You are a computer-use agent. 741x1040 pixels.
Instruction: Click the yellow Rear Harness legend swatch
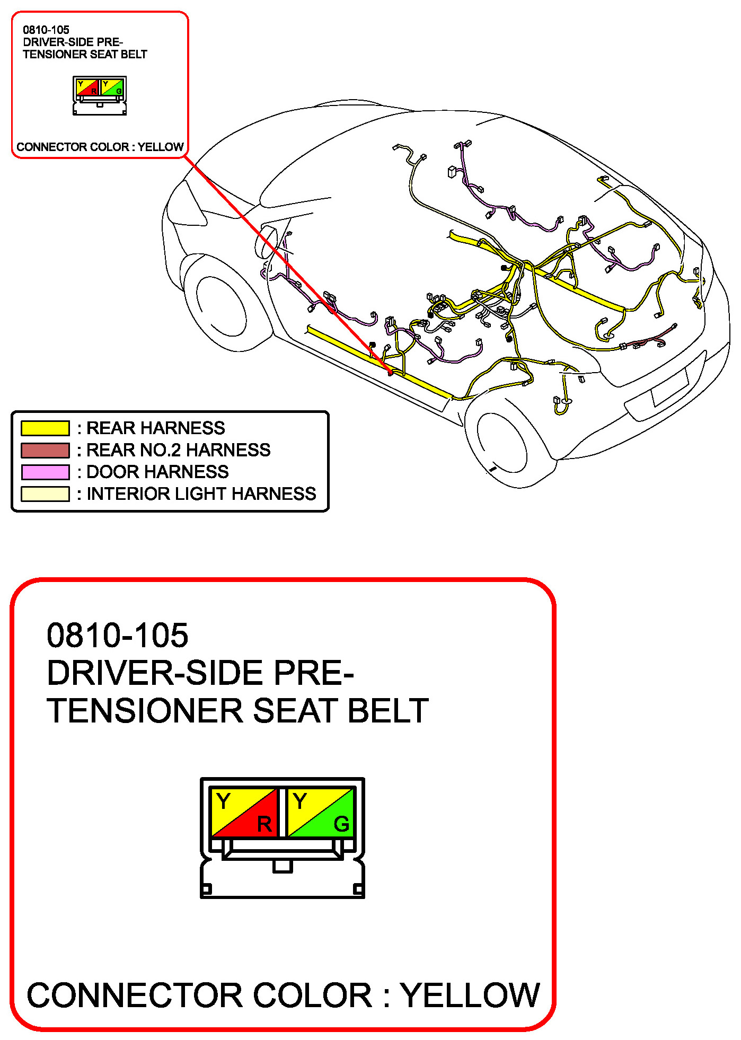(x=45, y=428)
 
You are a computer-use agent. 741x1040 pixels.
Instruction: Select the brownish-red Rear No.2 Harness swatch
(x=45, y=450)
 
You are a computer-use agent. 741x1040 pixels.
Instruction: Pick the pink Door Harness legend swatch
(x=45, y=472)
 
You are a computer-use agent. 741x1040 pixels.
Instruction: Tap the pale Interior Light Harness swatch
(x=45, y=493)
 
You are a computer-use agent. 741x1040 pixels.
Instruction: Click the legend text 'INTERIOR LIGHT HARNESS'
(x=201, y=493)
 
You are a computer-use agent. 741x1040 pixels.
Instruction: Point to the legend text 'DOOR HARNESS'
(x=157, y=472)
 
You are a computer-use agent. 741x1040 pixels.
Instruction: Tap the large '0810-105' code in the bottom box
(x=117, y=635)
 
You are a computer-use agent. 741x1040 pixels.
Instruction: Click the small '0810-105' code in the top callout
(x=46, y=30)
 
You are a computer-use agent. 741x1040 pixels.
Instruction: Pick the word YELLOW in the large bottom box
(x=470, y=995)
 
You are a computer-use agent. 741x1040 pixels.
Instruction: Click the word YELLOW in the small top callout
(x=161, y=147)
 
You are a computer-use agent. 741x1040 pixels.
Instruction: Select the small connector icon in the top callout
(x=100, y=95)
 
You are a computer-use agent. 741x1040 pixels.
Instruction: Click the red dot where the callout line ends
(x=391, y=372)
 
